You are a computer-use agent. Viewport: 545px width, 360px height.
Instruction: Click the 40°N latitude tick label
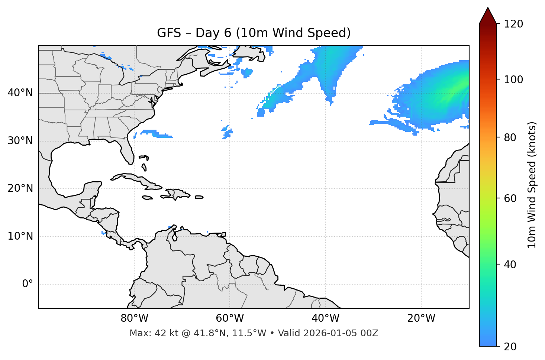pyautogui.click(x=20, y=93)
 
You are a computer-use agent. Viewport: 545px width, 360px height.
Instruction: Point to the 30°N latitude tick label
pyautogui.click(x=20, y=141)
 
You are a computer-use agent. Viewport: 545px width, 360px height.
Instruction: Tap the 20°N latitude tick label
pyautogui.click(x=20, y=188)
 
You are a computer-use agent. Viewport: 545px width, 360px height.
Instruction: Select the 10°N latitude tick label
pyautogui.click(x=20, y=236)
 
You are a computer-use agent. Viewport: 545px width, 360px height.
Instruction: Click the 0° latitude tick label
pyautogui.click(x=28, y=284)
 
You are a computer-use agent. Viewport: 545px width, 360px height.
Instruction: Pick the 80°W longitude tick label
pyautogui.click(x=134, y=318)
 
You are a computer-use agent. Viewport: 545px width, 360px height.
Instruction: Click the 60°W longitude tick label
pyautogui.click(x=230, y=318)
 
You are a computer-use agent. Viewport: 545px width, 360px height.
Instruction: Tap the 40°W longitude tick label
pyautogui.click(x=325, y=318)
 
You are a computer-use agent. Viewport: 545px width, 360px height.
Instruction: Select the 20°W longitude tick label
pyautogui.click(x=421, y=318)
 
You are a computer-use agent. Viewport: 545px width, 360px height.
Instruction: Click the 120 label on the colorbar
pyautogui.click(x=513, y=24)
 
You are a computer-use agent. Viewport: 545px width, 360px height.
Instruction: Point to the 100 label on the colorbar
pyautogui.click(x=513, y=80)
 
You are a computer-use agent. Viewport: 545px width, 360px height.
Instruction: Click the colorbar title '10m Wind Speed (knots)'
pyautogui.click(x=532, y=185)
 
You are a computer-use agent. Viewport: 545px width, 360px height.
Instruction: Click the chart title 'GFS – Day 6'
pyautogui.click(x=254, y=33)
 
